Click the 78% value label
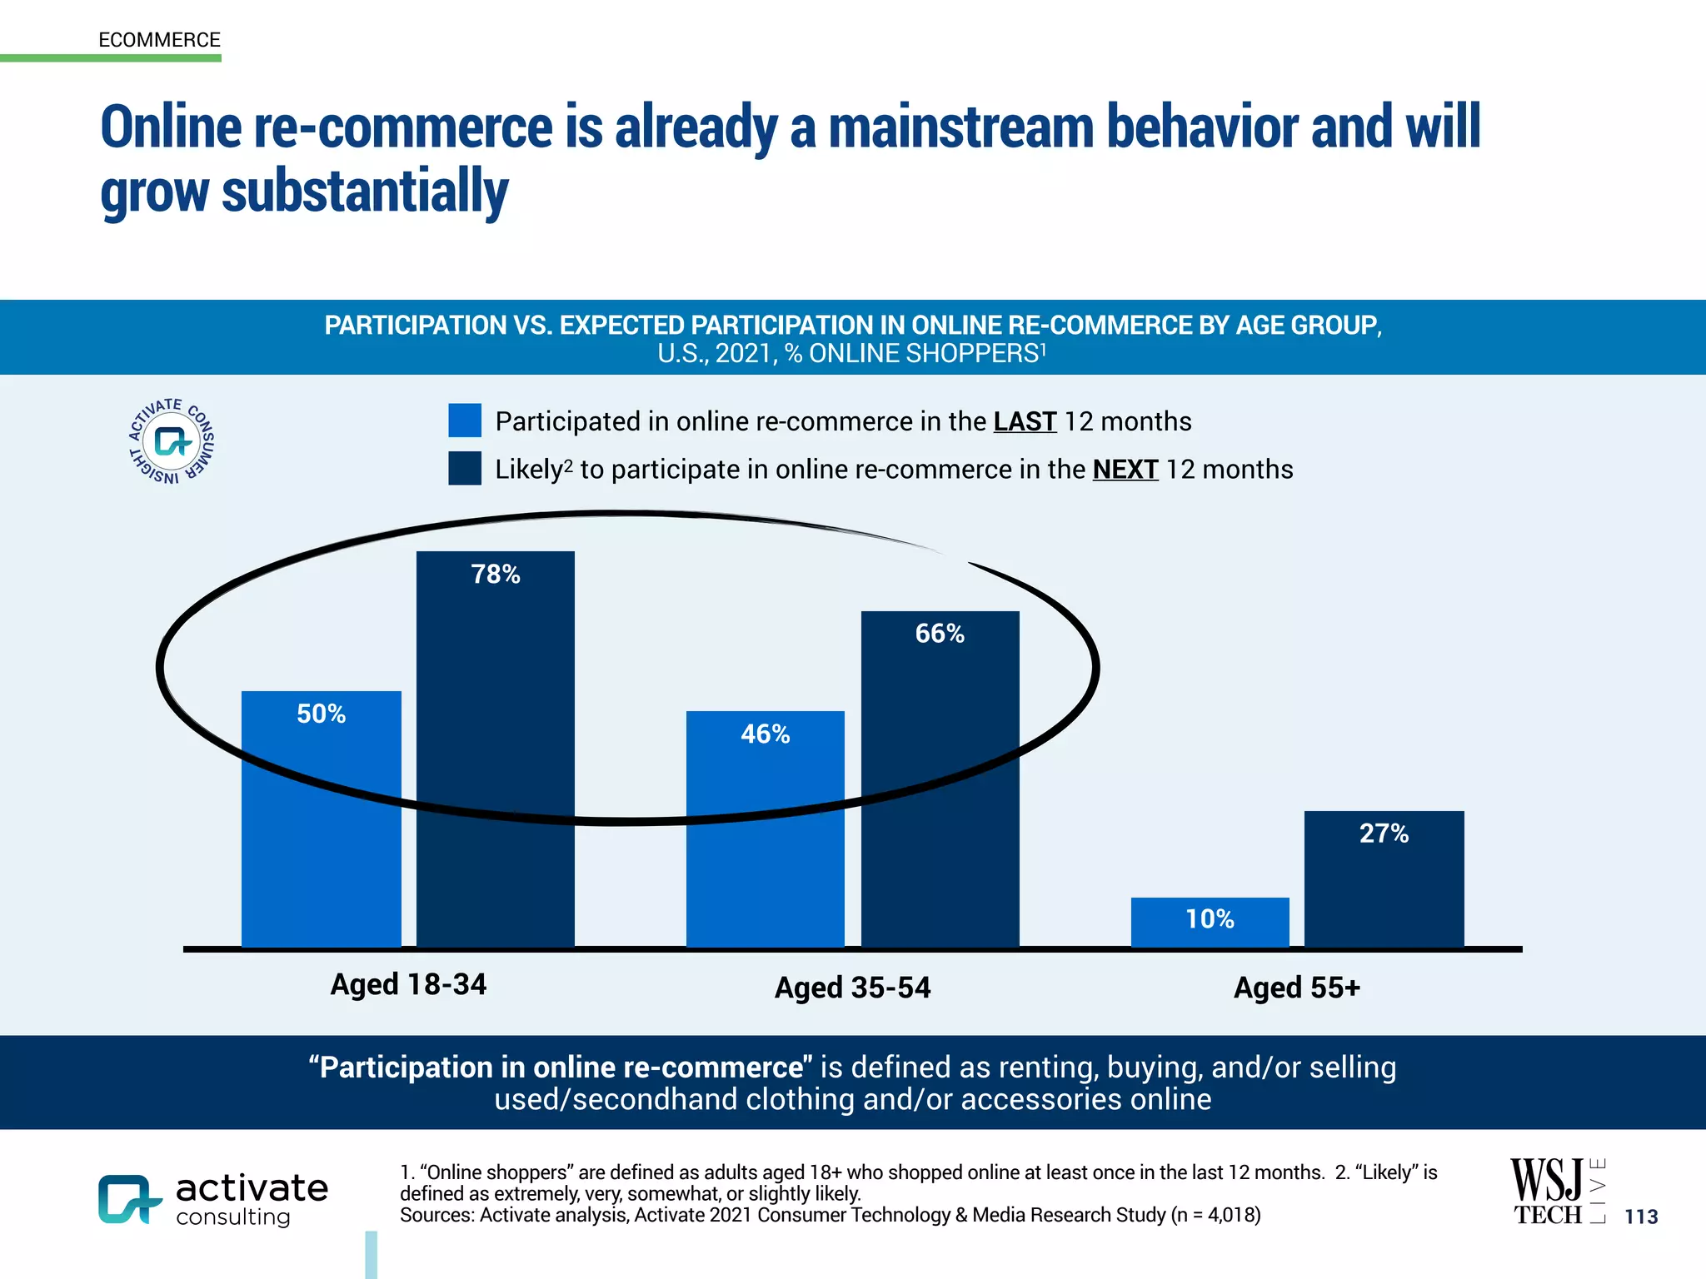pyautogui.click(x=496, y=575)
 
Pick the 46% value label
pyautogui.click(x=765, y=734)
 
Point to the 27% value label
pyautogui.click(x=1384, y=834)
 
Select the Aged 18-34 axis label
pyautogui.click(x=408, y=985)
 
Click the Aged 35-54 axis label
pyautogui.click(x=852, y=988)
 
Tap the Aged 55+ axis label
pyautogui.click(x=1296, y=988)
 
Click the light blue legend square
pyautogui.click(x=465, y=421)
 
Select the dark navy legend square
pyautogui.click(x=465, y=469)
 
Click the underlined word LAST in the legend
pyautogui.click(x=1025, y=422)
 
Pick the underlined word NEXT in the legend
pyautogui.click(x=1125, y=470)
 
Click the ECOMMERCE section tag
pyautogui.click(x=159, y=40)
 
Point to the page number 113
pyautogui.click(x=1641, y=1217)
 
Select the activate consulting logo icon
pyautogui.click(x=129, y=1199)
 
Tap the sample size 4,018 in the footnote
pyautogui.click(x=1230, y=1216)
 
